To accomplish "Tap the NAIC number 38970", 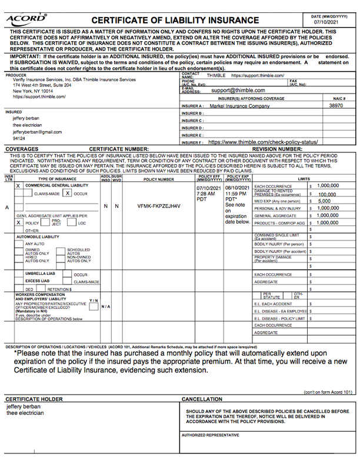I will (336, 106).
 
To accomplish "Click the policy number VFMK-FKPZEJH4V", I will (159, 207).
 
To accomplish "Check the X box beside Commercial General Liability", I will (18, 185).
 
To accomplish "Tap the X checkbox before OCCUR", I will (68, 193).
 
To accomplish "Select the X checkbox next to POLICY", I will (19, 223).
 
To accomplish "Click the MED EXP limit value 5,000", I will (324, 201).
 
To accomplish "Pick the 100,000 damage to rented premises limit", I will (327, 194).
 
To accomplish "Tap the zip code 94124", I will (19, 139).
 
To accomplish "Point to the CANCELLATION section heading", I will (202, 400).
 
